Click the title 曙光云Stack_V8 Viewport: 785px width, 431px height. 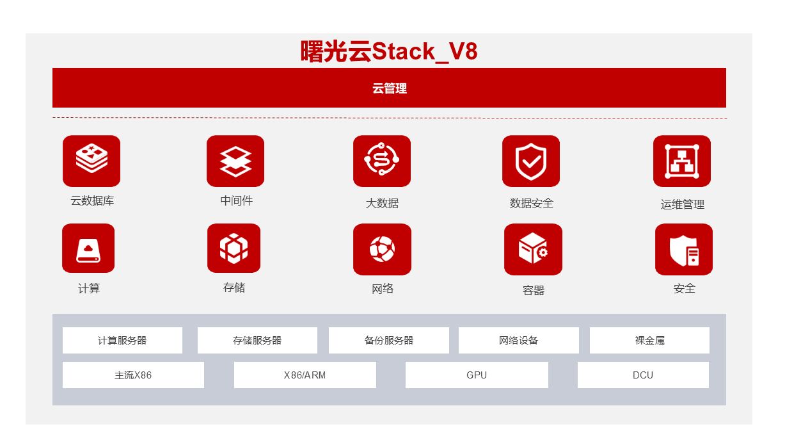pyautogui.click(x=389, y=51)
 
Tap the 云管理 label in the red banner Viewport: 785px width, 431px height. pyautogui.click(x=389, y=88)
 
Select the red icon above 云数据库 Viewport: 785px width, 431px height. pyautogui.click(x=91, y=161)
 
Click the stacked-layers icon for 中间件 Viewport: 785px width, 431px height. pyautogui.click(x=235, y=161)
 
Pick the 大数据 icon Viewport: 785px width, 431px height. pyautogui.click(x=382, y=161)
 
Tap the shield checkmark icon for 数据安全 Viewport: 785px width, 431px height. pyautogui.click(x=531, y=161)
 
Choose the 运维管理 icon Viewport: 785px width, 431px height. pyautogui.click(x=682, y=161)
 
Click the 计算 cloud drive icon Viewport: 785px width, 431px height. pyautogui.click(x=88, y=248)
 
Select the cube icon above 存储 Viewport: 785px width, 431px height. pyautogui.click(x=234, y=248)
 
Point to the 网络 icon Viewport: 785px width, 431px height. pyautogui.click(x=382, y=248)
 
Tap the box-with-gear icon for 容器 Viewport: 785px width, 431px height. pyautogui.click(x=533, y=249)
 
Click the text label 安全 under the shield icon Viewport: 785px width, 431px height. pyautogui.click(x=684, y=288)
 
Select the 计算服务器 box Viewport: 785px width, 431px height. pyautogui.click(x=122, y=340)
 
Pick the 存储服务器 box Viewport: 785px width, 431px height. pyautogui.click(x=257, y=340)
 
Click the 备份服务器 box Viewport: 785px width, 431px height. pyautogui.click(x=389, y=340)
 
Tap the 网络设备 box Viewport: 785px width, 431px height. pyautogui.click(x=519, y=340)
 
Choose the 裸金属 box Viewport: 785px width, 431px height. pyautogui.click(x=649, y=340)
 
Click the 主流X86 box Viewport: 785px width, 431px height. pyautogui.click(x=133, y=375)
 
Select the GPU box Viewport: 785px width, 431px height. pyautogui.click(x=477, y=375)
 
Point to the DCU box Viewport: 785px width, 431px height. pyautogui.click(x=643, y=375)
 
